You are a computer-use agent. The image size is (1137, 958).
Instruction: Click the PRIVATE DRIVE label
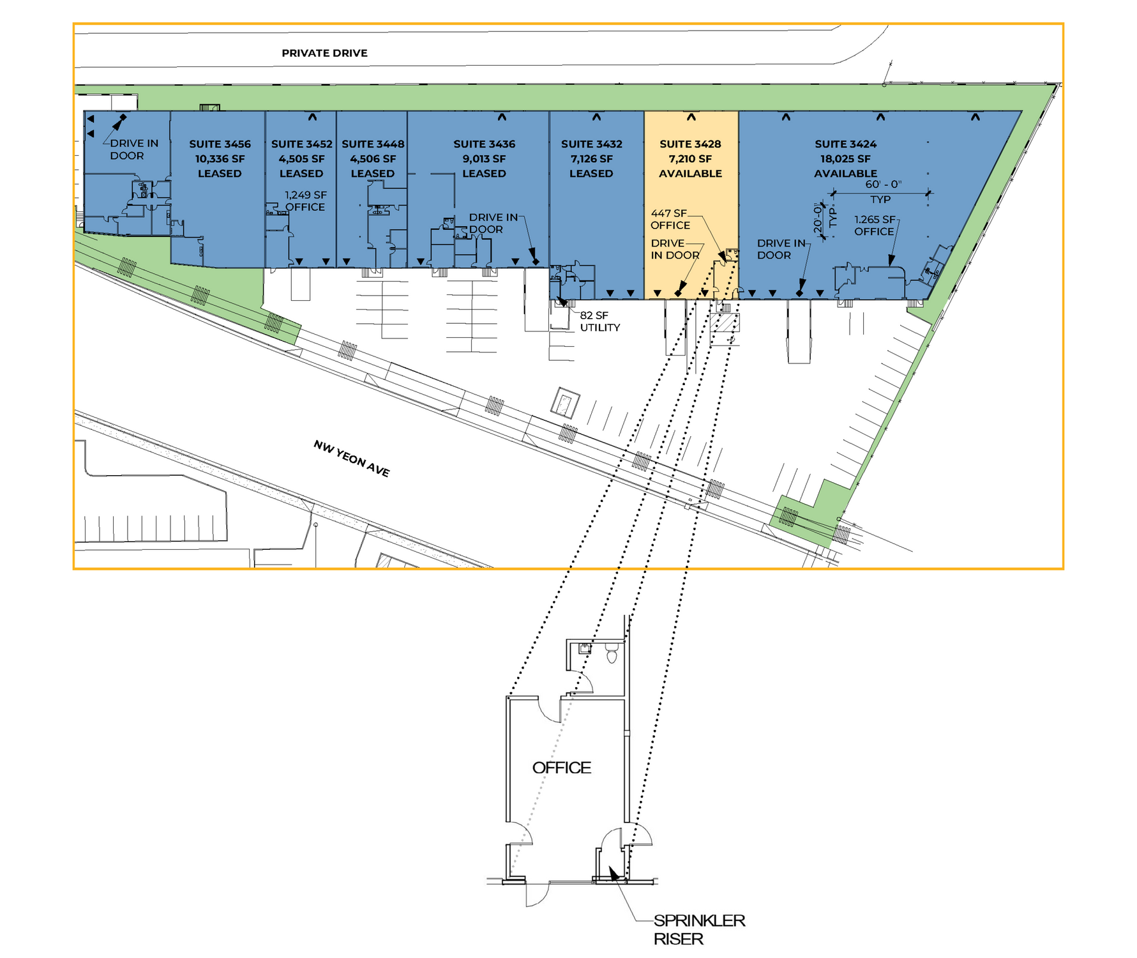coord(324,53)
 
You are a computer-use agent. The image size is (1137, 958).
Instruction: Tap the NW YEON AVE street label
coord(352,459)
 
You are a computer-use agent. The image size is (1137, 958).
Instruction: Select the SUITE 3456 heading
coord(220,144)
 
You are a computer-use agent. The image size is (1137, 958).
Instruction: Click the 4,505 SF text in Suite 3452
coord(301,159)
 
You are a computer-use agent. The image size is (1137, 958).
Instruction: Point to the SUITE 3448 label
coord(373,144)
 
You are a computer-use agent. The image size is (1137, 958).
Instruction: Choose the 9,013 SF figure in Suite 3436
coord(484,159)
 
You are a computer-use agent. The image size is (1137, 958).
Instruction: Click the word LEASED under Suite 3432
coord(591,174)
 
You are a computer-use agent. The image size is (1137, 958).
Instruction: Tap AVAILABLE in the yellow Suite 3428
coord(690,174)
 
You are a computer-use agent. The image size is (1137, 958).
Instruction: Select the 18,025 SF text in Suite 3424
coord(845,159)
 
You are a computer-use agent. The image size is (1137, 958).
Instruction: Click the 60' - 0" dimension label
coord(884,185)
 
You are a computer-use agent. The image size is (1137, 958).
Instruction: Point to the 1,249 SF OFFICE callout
coord(305,201)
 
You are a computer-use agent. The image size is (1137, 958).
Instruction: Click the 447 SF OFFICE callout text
coord(670,219)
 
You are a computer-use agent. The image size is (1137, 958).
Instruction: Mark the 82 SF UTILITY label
coord(600,321)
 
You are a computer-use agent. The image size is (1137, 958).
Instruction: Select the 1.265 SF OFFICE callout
coord(875,225)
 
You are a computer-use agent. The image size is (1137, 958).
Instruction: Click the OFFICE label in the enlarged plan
coord(562,768)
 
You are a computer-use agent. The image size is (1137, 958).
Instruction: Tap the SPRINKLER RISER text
coord(699,929)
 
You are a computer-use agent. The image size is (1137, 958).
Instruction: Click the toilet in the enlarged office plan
coord(612,653)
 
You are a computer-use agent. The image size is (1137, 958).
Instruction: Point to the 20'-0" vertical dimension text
coord(818,218)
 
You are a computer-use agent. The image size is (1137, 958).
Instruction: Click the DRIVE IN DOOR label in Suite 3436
coord(493,224)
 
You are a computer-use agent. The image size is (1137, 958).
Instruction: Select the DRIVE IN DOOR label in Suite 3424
coord(781,249)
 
